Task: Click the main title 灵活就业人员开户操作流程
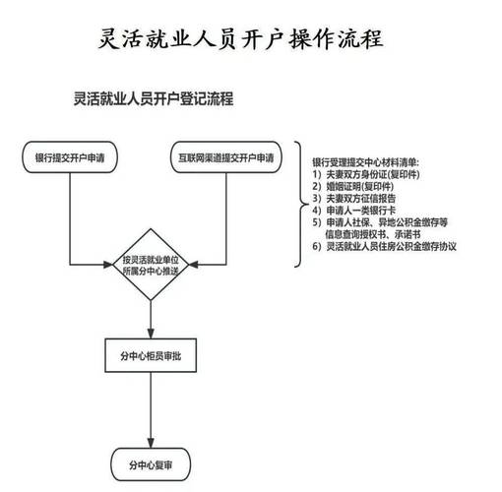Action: (241, 39)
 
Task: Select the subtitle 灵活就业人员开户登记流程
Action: (154, 98)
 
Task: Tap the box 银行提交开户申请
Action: (70, 157)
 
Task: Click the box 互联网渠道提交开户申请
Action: (226, 157)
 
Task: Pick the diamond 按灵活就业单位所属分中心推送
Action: (151, 265)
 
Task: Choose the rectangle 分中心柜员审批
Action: (151, 355)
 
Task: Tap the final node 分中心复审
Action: (151, 464)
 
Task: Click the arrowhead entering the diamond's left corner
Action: (108, 265)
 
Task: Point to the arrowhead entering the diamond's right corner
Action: (193, 265)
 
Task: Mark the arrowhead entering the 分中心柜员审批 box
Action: (151, 334)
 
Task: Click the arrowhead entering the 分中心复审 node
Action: (151, 443)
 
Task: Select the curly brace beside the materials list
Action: (301, 204)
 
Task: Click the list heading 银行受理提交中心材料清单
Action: (365, 162)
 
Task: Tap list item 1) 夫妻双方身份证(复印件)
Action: (366, 174)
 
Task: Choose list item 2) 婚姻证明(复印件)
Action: (352, 186)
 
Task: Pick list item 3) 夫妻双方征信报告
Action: (353, 198)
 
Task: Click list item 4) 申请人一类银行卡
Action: (353, 211)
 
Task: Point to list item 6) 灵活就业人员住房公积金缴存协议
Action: (384, 246)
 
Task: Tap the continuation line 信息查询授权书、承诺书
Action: (373, 234)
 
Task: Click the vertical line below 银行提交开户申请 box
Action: (70, 218)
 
